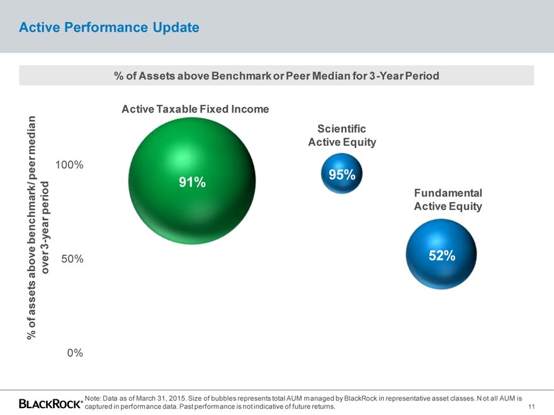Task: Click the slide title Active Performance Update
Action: [x=109, y=28]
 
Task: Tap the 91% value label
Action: [x=192, y=182]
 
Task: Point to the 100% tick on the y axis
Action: [x=69, y=165]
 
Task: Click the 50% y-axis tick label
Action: [x=72, y=258]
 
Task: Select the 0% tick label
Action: [x=75, y=353]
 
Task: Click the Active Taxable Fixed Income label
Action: [x=195, y=109]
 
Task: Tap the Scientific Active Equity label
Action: [x=342, y=135]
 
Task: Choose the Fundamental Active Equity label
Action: [x=448, y=199]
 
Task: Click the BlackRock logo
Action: [x=51, y=403]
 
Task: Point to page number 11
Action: [x=532, y=407]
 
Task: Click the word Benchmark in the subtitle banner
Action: [x=246, y=75]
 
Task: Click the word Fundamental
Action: [x=448, y=192]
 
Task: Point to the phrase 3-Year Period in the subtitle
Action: [x=403, y=75]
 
